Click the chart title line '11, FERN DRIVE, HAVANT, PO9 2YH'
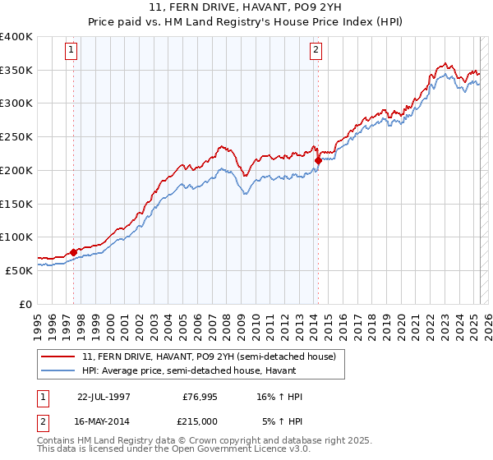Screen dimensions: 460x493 pos(246,9)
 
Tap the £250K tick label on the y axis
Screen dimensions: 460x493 pos(16,137)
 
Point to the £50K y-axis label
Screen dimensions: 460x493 pos(18,270)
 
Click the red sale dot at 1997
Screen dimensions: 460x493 pos(73,252)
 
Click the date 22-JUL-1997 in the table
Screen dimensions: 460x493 pos(104,397)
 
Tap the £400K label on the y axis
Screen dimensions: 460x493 pos(16,37)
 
